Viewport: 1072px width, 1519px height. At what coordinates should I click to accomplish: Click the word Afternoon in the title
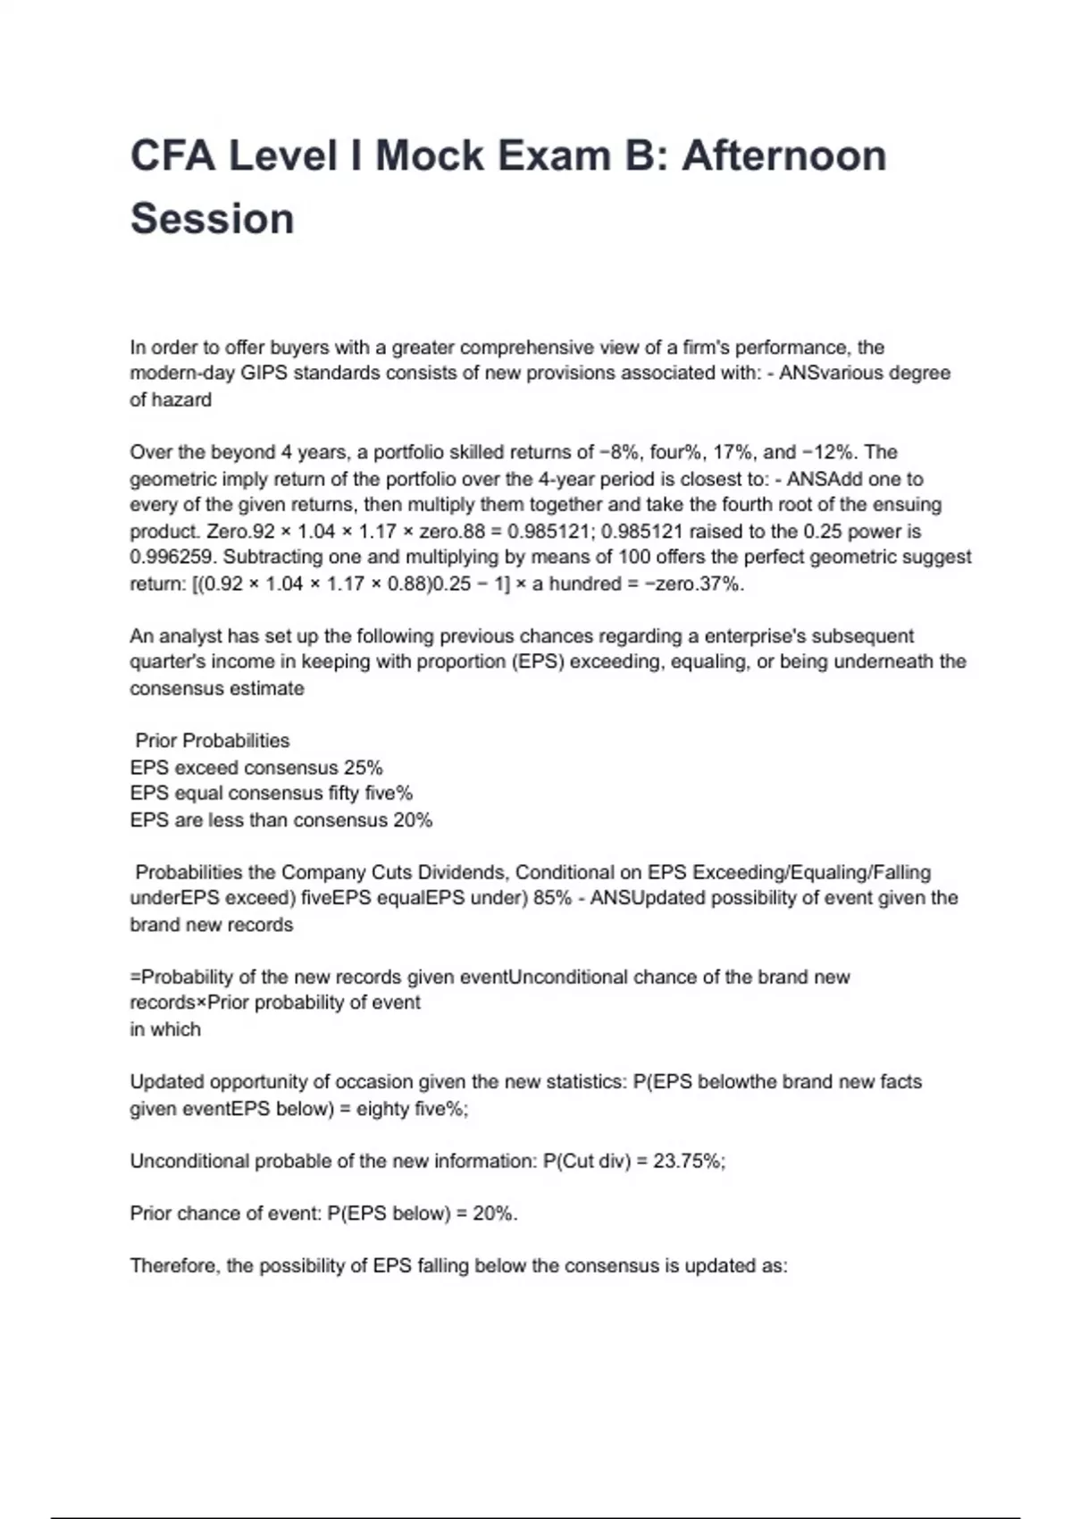click(x=783, y=155)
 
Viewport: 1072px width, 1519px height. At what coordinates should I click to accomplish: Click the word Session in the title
click(x=212, y=219)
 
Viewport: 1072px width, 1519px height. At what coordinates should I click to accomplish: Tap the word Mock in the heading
click(x=428, y=155)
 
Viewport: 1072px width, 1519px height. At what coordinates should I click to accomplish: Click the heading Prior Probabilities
click(x=212, y=741)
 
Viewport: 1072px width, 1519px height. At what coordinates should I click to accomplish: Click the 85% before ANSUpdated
click(x=552, y=898)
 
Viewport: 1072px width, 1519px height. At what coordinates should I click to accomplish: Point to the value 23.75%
click(x=688, y=1161)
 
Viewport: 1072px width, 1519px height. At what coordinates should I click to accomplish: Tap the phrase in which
click(x=165, y=1029)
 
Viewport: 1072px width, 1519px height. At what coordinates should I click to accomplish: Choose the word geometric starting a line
click(x=169, y=478)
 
